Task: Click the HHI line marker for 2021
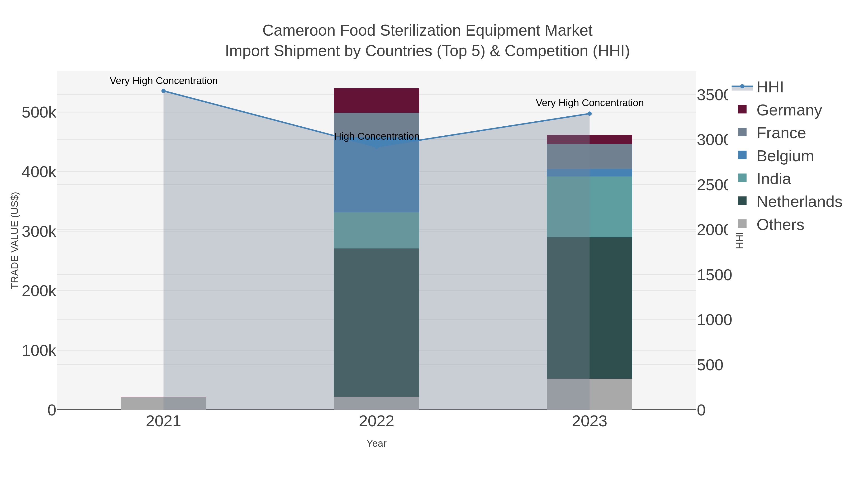163,91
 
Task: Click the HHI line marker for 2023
589,114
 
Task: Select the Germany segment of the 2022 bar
376,100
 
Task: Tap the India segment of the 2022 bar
376,230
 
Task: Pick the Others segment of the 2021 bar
163,403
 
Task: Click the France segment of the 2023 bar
589,156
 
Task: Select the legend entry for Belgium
785,156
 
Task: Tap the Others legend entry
780,225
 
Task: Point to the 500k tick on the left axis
39,113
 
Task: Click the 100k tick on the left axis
39,351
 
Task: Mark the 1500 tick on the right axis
714,275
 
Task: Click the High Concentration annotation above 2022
376,136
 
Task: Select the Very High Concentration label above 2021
164,81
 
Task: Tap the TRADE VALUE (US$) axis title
14,240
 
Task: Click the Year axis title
376,443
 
